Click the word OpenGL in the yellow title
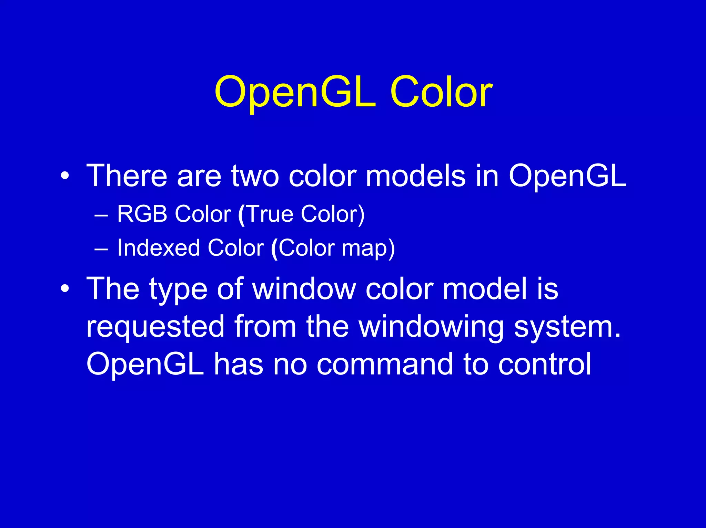295,92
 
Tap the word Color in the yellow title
441,92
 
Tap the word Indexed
159,248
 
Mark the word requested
155,327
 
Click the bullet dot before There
64,177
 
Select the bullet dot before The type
64,289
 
